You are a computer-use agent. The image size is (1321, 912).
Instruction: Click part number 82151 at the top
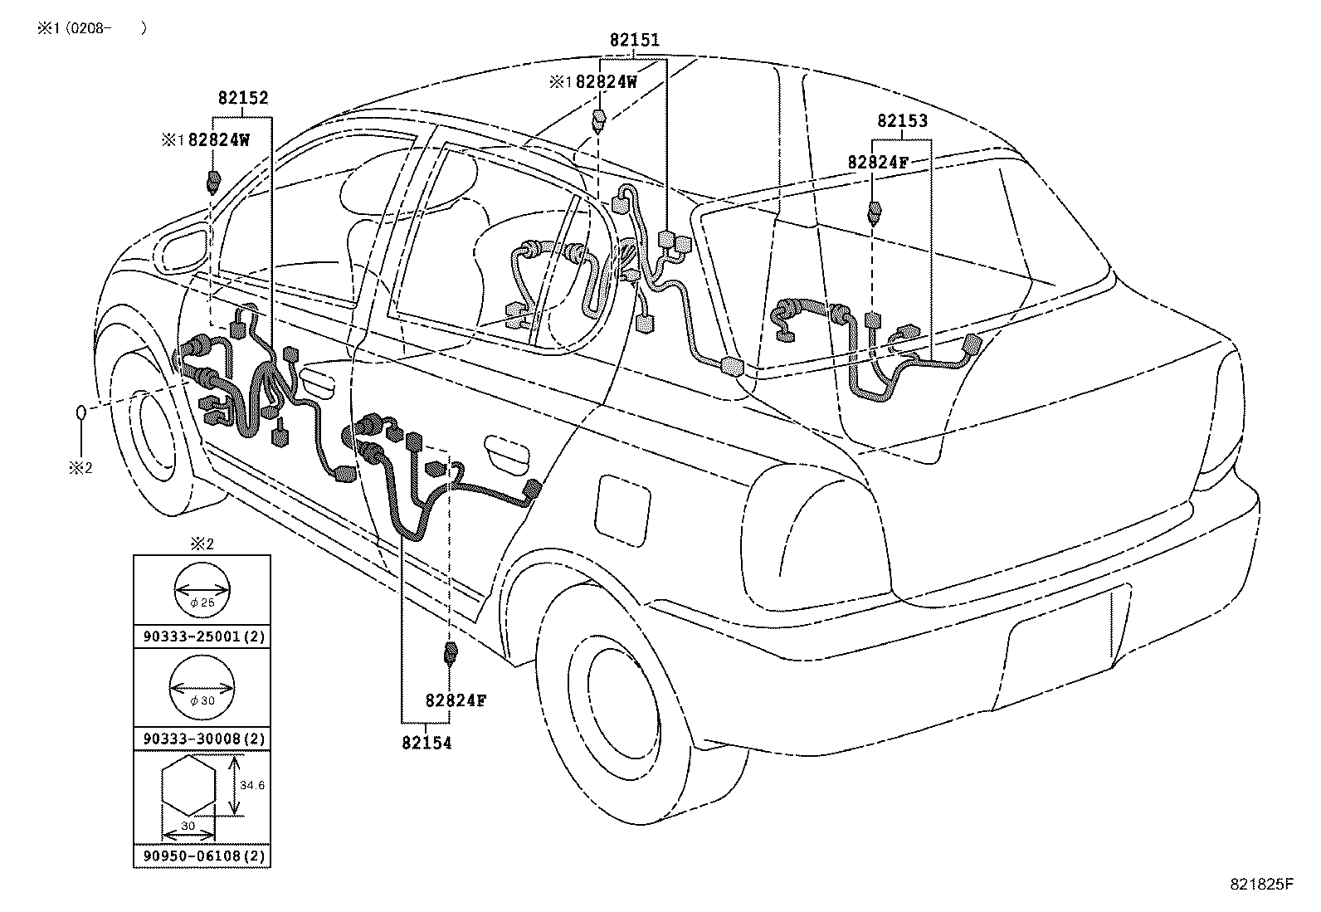click(635, 40)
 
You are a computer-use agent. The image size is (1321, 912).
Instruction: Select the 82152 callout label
click(243, 98)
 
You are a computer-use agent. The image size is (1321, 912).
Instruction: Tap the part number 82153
click(903, 121)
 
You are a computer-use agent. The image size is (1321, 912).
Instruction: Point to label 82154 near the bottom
click(427, 744)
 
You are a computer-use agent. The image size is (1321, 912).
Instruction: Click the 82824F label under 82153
click(878, 163)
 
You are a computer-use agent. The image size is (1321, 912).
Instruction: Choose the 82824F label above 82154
click(456, 700)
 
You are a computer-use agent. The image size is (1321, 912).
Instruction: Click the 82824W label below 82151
click(606, 82)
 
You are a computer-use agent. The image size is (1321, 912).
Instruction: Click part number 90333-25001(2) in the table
click(202, 637)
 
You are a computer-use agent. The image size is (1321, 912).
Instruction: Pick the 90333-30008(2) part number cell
click(202, 739)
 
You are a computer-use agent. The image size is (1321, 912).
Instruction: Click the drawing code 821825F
click(1261, 885)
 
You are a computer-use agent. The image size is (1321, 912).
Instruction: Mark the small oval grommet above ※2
click(82, 412)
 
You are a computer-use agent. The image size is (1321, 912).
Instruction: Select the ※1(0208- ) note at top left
click(90, 27)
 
